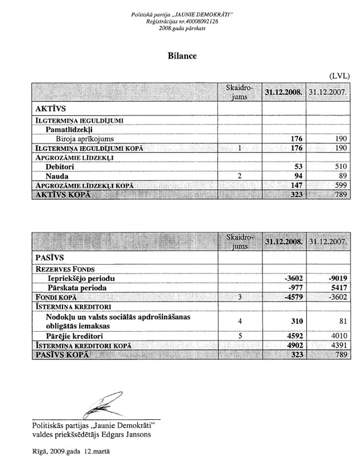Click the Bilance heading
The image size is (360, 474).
180,55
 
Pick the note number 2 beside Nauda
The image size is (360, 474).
239,175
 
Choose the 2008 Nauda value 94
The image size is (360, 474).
296,175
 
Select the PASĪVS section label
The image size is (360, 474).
47,257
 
